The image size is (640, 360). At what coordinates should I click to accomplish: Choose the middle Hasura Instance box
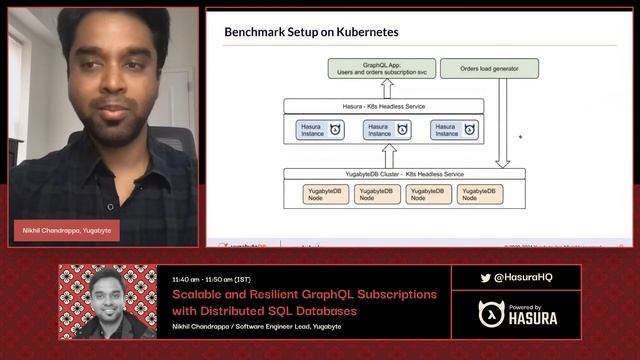(387, 130)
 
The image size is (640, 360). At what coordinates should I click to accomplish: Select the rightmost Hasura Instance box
(455, 130)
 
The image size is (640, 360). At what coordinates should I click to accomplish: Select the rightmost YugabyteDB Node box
(480, 193)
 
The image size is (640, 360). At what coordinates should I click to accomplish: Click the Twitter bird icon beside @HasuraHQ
(486, 277)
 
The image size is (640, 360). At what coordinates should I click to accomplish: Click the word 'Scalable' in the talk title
(197, 295)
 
